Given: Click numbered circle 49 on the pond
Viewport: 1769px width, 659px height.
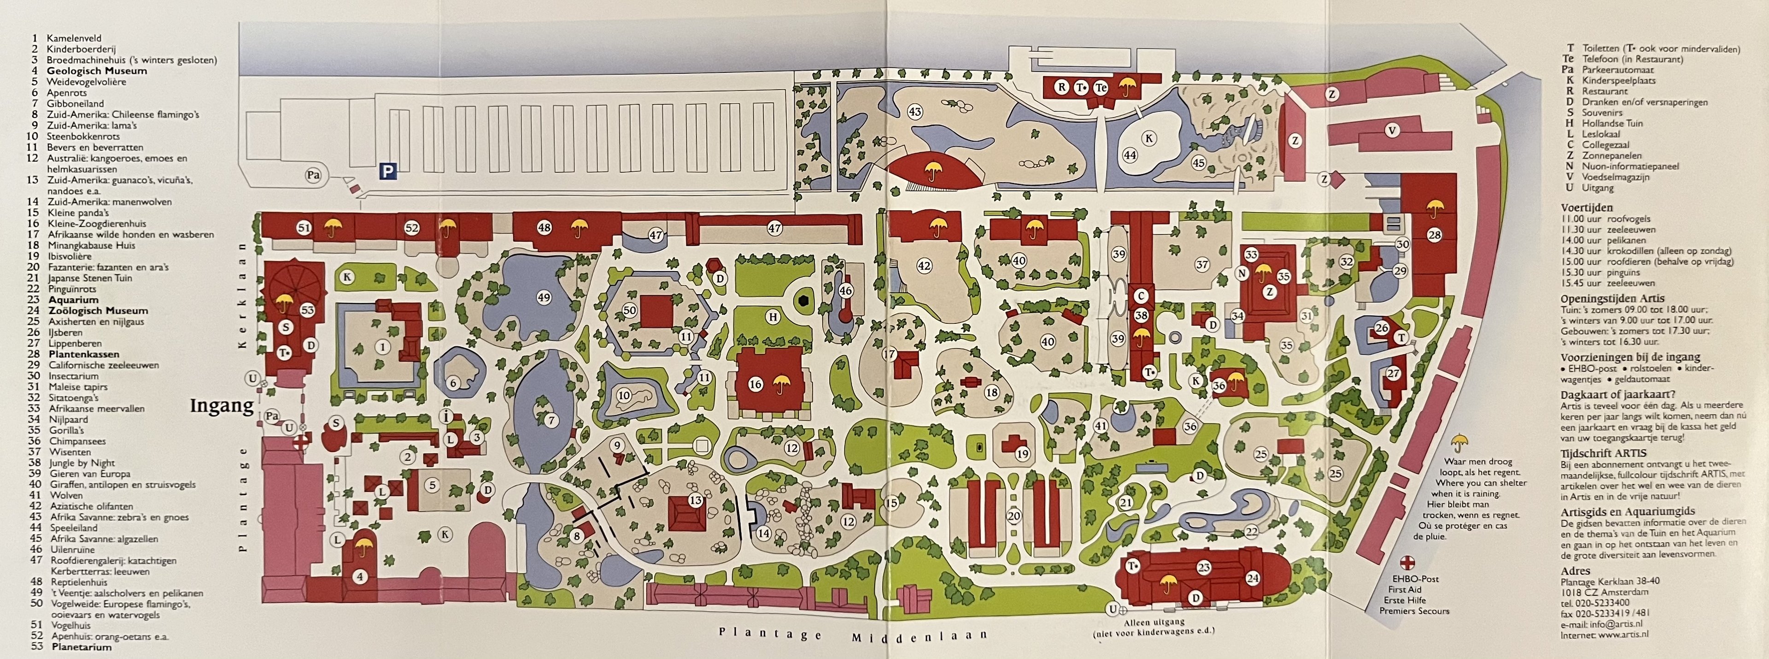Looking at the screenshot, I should [x=544, y=297].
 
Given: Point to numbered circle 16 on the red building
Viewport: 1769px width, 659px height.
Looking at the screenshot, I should [x=756, y=384].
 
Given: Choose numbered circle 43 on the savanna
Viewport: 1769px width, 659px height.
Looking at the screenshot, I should [x=915, y=111].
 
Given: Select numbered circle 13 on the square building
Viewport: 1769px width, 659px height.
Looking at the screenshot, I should [x=696, y=501].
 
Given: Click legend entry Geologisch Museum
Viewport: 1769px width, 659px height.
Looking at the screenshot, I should [x=97, y=71].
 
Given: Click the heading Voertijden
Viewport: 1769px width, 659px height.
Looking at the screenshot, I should [x=1586, y=208].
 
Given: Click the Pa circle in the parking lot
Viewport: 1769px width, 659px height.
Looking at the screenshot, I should [x=313, y=175].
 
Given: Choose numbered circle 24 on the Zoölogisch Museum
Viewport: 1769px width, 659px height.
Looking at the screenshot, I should [x=1253, y=578].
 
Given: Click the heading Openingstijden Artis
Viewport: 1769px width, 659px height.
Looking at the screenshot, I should [x=1612, y=299].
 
